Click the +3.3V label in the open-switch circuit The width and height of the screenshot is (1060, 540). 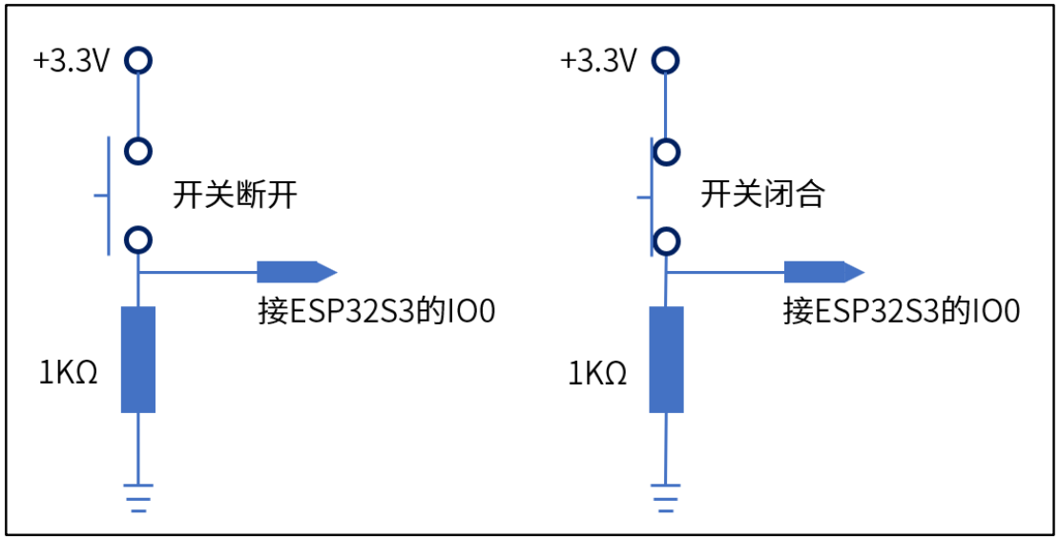tap(73, 61)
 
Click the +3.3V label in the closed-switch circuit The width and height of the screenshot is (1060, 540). tap(598, 61)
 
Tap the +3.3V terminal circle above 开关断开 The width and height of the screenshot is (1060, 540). tap(139, 61)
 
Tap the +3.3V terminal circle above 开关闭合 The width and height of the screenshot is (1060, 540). tap(667, 61)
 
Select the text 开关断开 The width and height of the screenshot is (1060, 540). tap(235, 197)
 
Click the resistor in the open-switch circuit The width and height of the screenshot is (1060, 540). tap(138, 360)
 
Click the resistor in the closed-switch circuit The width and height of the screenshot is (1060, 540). tap(666, 360)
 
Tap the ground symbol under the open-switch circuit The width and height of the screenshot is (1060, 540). tap(139, 498)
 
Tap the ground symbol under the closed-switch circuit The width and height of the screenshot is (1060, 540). tap(666, 498)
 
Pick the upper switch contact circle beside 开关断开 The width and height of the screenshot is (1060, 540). tap(139, 151)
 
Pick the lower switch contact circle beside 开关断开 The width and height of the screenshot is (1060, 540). tap(139, 239)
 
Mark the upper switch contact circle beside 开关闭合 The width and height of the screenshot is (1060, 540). tap(667, 151)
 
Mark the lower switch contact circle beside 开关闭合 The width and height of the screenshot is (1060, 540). tap(667, 239)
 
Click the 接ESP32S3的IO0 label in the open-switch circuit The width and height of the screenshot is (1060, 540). tap(377, 312)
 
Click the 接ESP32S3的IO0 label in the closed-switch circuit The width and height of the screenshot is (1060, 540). tap(902, 312)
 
